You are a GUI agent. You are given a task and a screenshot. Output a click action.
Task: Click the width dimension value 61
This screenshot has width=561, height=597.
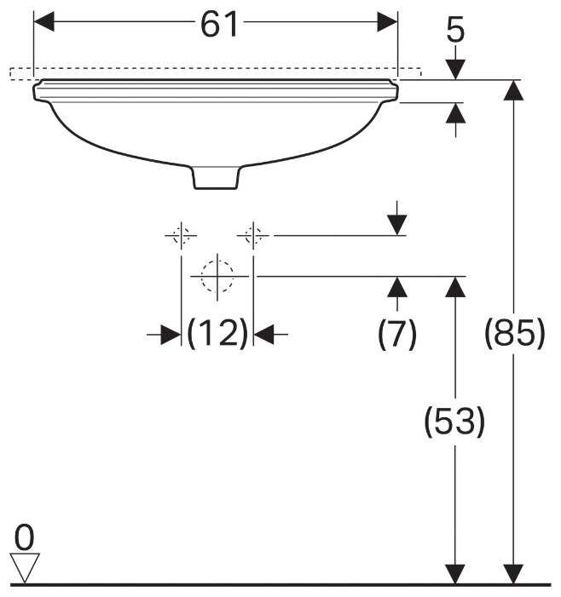tap(218, 25)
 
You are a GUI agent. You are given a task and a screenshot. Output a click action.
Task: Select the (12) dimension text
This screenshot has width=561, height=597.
tap(217, 335)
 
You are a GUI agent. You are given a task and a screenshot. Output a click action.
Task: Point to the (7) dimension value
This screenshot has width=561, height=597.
tap(397, 335)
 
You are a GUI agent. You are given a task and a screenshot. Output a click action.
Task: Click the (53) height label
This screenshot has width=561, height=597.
tap(455, 422)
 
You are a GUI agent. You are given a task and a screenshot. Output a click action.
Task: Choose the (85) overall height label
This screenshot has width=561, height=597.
tap(514, 335)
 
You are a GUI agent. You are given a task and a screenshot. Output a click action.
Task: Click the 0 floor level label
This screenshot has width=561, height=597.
tap(25, 537)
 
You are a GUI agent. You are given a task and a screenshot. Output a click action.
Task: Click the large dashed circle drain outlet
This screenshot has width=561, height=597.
tap(217, 276)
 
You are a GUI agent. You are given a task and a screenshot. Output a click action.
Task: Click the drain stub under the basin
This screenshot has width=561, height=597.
tap(217, 175)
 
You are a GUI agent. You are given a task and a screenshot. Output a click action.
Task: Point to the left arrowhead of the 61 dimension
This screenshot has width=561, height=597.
tap(43, 22)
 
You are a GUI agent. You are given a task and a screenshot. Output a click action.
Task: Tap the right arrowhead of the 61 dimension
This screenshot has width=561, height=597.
tap(388, 22)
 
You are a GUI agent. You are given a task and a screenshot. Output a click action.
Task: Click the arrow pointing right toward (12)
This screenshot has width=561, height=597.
tap(171, 335)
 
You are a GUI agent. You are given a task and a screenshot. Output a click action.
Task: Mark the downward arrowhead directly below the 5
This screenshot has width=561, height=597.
tap(456, 68)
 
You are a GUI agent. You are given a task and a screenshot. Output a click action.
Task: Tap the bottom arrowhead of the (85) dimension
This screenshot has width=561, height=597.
tap(514, 574)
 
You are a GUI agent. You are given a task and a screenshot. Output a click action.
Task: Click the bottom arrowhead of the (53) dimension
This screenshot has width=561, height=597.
tap(456, 574)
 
